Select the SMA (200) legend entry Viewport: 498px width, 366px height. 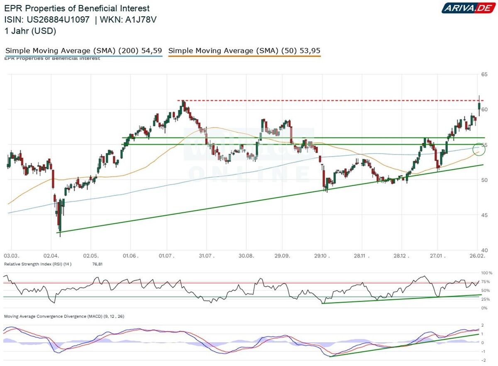(x=83, y=51)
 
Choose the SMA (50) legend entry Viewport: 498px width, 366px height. (x=244, y=51)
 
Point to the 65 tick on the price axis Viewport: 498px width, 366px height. (x=484, y=74)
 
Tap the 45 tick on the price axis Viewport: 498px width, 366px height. (x=484, y=215)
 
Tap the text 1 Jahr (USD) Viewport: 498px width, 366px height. (x=30, y=31)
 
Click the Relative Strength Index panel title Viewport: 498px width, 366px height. (x=38, y=264)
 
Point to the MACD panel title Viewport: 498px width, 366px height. (x=64, y=316)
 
